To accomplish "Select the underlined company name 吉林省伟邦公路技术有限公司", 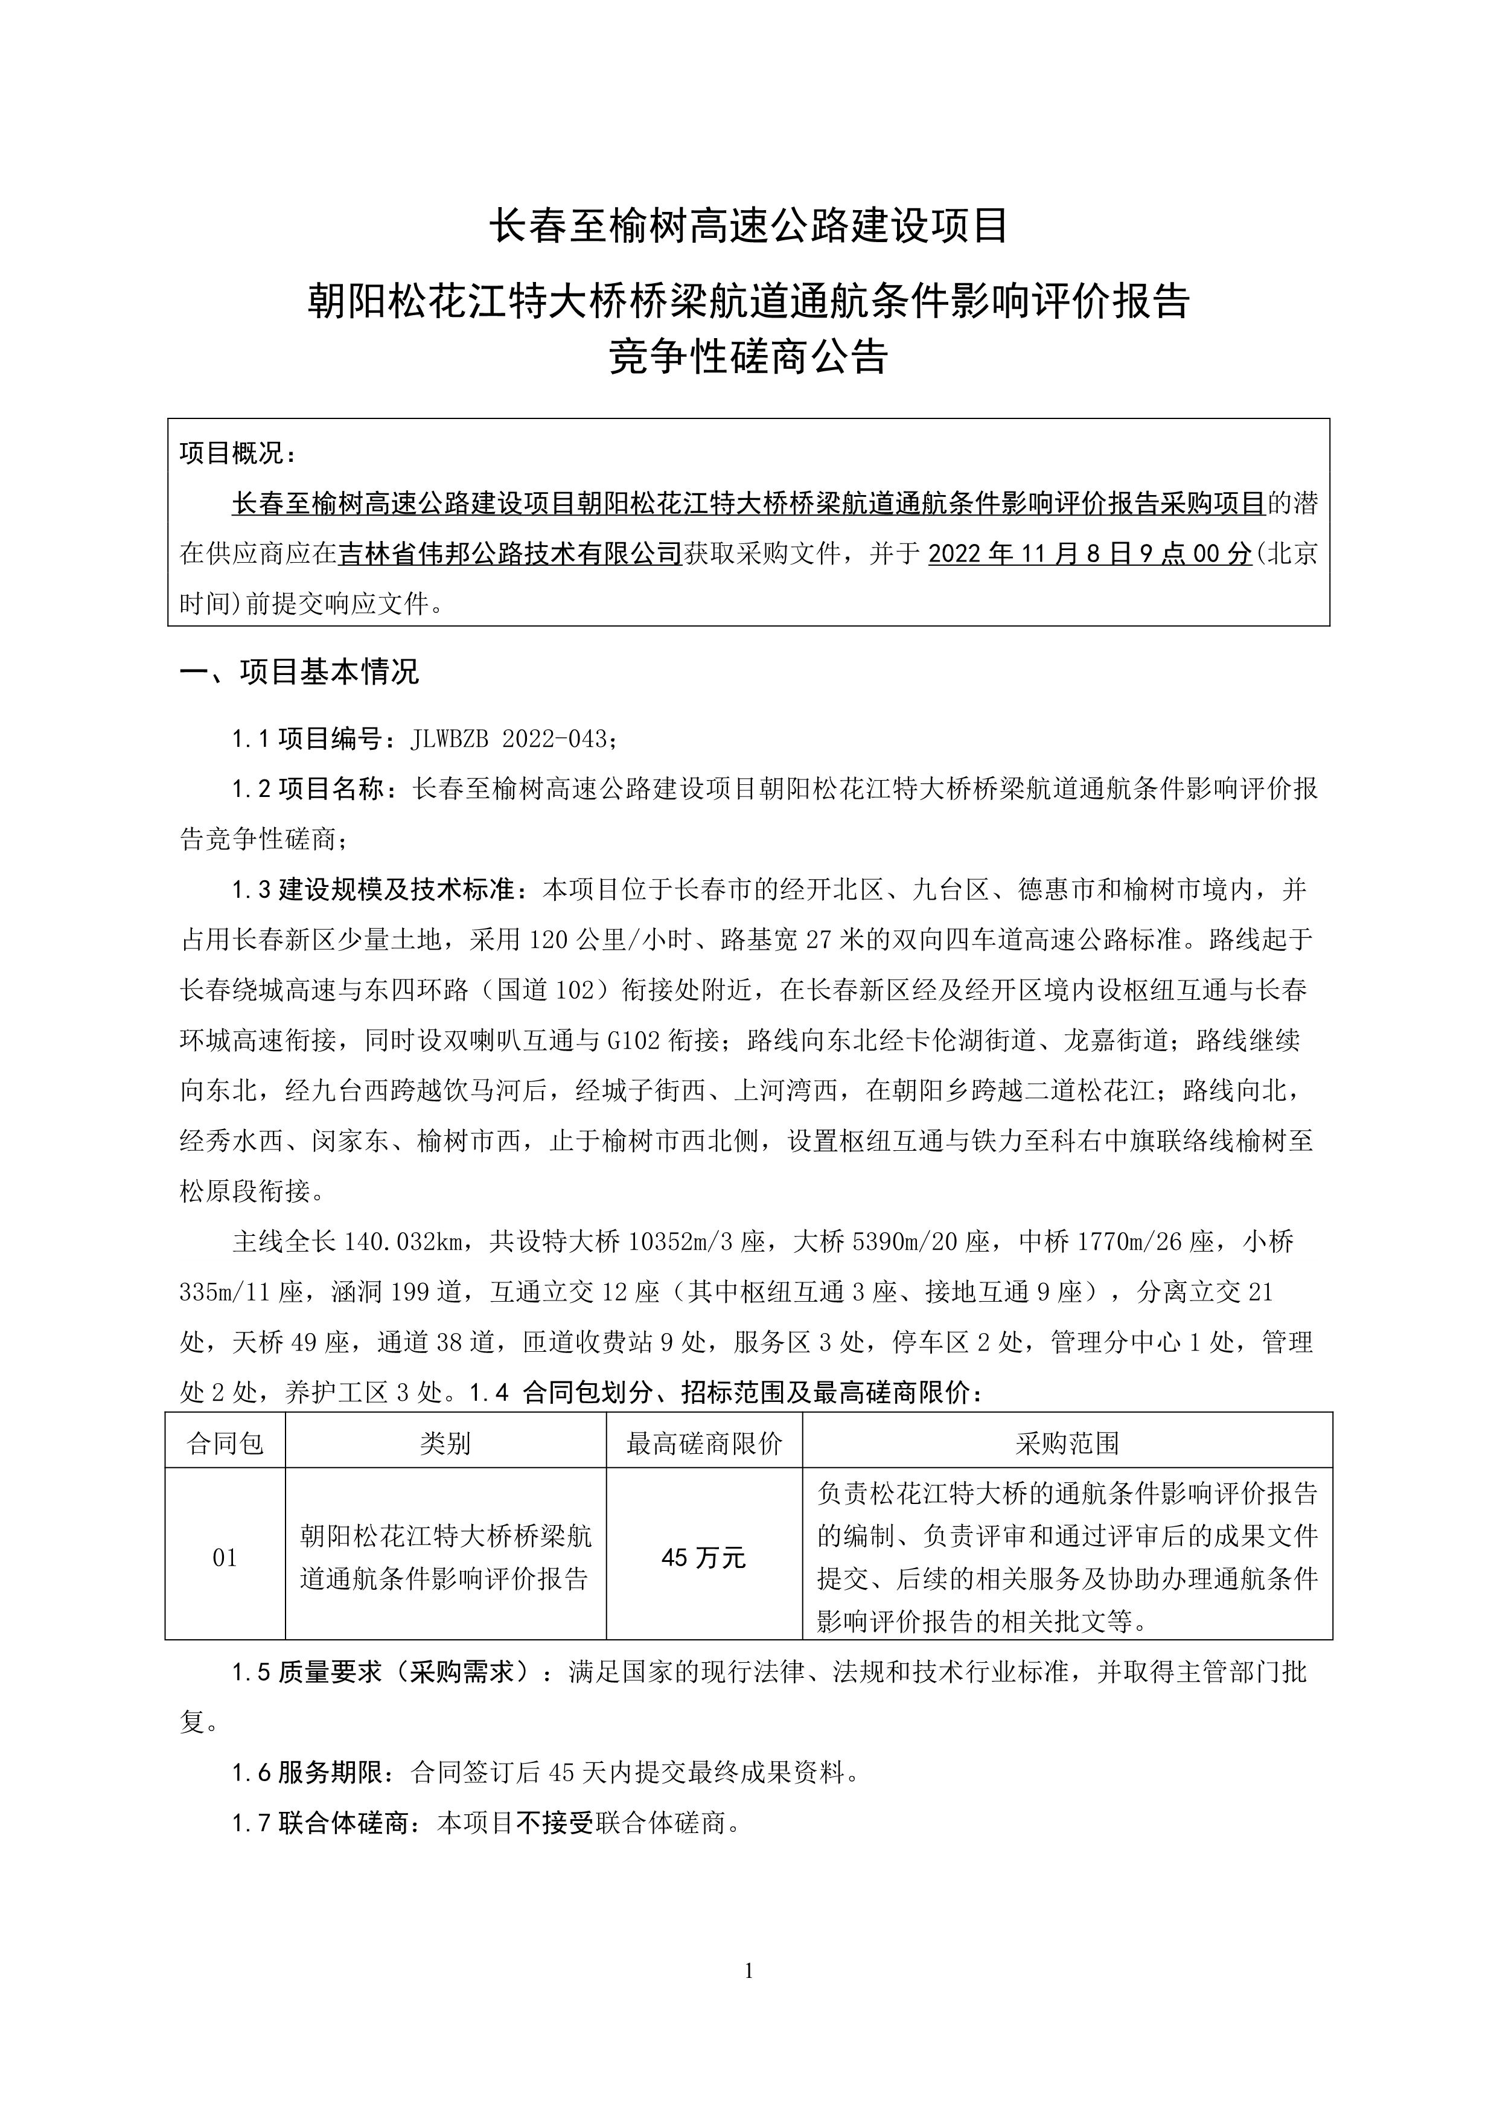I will (x=510, y=554).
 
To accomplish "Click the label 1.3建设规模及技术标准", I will (x=378, y=889).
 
